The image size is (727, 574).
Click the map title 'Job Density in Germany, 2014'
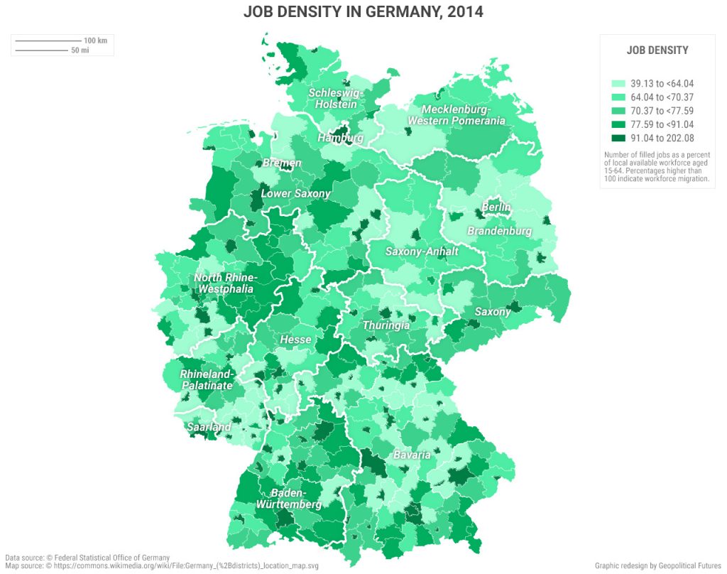click(363, 12)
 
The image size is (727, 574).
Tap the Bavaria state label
click(412, 455)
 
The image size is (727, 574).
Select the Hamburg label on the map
click(340, 138)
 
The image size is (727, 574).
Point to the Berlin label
click(496, 207)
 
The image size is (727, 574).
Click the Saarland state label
click(209, 427)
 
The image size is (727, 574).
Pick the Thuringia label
click(386, 325)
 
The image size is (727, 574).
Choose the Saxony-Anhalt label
click(422, 251)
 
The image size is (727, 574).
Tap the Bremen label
click(282, 163)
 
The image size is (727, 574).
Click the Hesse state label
click(295, 340)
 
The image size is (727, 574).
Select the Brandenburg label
click(499, 232)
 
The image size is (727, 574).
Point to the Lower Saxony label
click(295, 193)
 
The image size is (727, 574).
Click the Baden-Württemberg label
click(289, 499)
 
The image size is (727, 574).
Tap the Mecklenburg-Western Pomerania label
click(457, 115)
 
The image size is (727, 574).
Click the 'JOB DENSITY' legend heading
click(657, 50)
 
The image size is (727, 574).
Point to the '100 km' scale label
click(95, 40)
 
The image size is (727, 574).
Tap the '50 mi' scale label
click(80, 50)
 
